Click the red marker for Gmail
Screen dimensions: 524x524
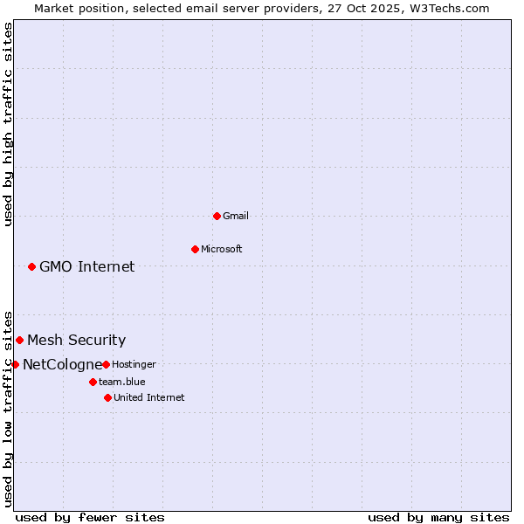pyautogui.click(x=217, y=216)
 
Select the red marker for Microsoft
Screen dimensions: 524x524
pyautogui.click(x=195, y=249)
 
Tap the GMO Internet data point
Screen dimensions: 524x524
pyautogui.click(x=31, y=266)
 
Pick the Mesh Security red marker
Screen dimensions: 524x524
pyautogui.click(x=19, y=340)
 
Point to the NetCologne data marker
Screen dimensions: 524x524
pyautogui.click(x=15, y=364)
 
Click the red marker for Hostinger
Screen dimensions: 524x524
pyautogui.click(x=106, y=364)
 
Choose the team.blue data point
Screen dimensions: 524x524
pyautogui.click(x=93, y=382)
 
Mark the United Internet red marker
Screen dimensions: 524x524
pyautogui.click(x=107, y=397)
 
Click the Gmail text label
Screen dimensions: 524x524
pyautogui.click(x=236, y=216)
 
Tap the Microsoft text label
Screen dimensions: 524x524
pyautogui.click(x=222, y=249)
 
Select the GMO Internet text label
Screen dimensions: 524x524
pyautogui.click(x=87, y=266)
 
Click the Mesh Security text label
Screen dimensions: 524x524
pyautogui.click(x=77, y=340)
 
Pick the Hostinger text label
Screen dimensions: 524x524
pyautogui.click(x=134, y=364)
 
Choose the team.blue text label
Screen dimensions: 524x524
pyautogui.click(x=122, y=382)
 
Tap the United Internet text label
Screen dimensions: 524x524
pyautogui.click(x=149, y=397)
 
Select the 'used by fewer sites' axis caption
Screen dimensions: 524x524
pyautogui.click(x=90, y=517)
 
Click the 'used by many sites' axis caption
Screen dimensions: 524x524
pyautogui.click(x=438, y=517)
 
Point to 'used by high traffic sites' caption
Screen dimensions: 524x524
pyautogui.click(x=8, y=124)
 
